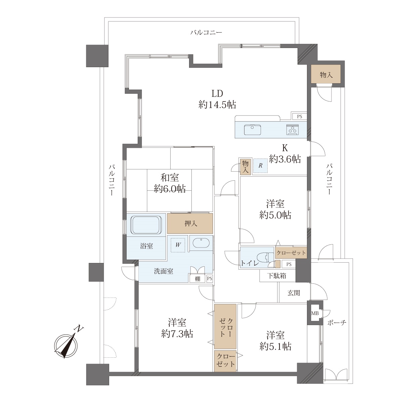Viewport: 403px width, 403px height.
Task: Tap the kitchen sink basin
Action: click(253, 130)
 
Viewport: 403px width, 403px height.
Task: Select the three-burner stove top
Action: click(293, 130)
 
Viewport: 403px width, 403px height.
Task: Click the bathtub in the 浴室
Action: click(146, 225)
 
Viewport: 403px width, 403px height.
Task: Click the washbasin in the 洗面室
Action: click(201, 243)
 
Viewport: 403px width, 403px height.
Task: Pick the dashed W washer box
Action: click(178, 245)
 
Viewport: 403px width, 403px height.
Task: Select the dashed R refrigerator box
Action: click(260, 166)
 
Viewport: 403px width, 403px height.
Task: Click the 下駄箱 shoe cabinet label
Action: click(277, 276)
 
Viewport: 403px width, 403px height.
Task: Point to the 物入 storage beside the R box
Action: click(245, 167)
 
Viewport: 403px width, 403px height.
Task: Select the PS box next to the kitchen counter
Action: click(300, 117)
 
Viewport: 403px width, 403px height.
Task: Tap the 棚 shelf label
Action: click(197, 279)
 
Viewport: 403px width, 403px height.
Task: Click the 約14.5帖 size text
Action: click(217, 104)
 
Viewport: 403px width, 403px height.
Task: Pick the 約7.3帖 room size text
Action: click(177, 334)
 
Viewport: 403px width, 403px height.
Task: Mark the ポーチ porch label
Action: click(337, 323)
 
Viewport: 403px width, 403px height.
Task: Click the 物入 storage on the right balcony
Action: click(326, 74)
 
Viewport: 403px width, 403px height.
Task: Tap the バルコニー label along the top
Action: click(206, 33)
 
